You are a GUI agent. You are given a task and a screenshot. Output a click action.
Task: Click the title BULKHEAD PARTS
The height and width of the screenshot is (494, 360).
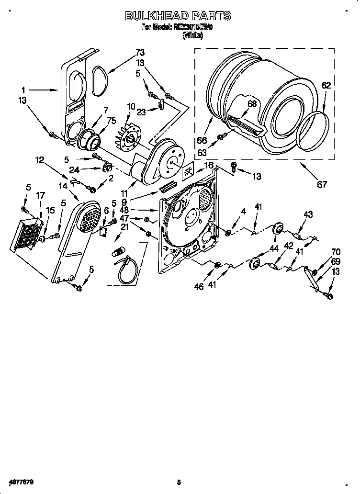(x=178, y=16)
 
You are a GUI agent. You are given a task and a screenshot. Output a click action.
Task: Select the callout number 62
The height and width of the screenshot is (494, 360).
(x=326, y=86)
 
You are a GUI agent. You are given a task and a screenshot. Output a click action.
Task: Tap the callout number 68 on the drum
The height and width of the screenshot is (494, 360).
(x=252, y=103)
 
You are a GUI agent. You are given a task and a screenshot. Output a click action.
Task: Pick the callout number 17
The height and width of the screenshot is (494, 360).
(x=40, y=195)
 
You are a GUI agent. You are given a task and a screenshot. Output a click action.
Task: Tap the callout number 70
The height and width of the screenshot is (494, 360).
(x=336, y=251)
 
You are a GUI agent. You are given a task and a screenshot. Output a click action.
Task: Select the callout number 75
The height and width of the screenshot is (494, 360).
(x=112, y=121)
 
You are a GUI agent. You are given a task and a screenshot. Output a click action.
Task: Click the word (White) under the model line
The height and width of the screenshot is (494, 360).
(x=192, y=35)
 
